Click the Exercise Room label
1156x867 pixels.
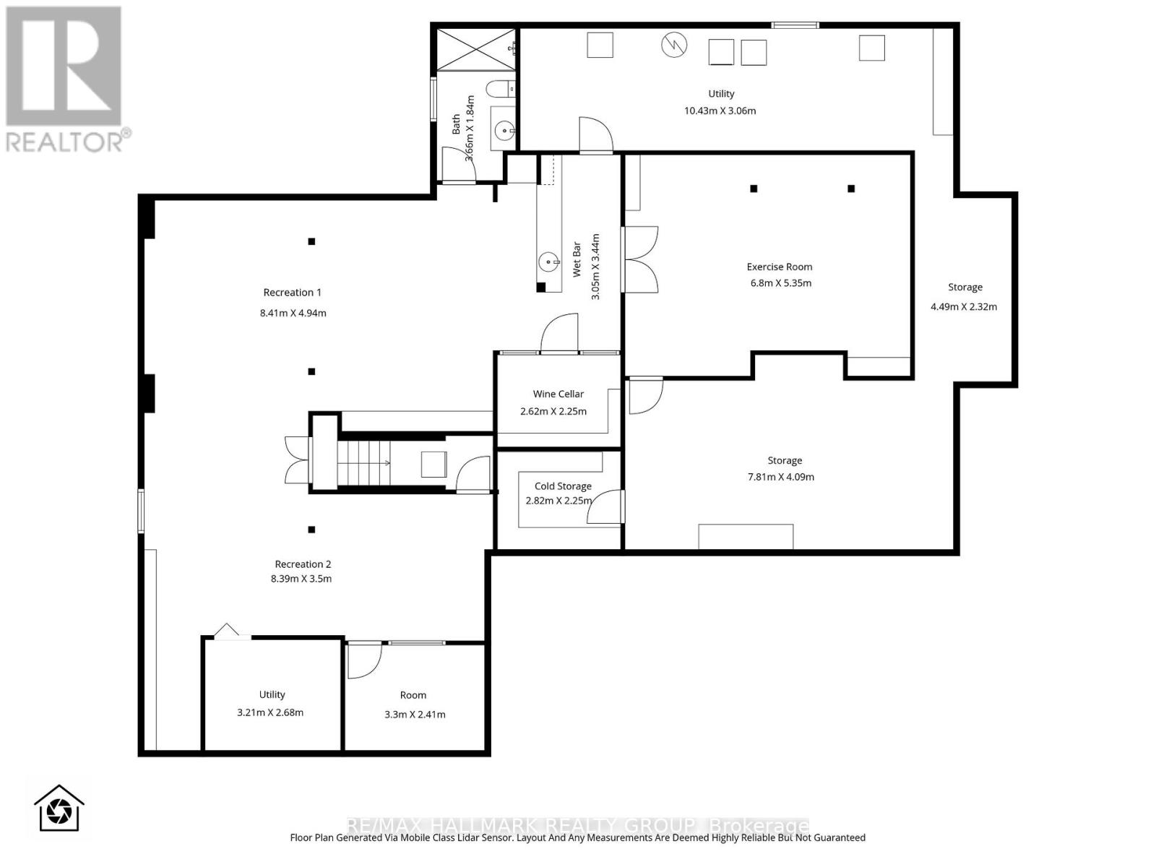click(x=779, y=267)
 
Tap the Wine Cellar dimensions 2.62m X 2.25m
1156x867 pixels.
click(x=553, y=412)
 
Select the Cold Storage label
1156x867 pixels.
click(x=563, y=486)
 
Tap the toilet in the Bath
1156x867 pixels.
click(x=497, y=90)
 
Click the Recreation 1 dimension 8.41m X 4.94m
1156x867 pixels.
click(x=293, y=313)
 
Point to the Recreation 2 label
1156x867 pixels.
click(x=303, y=564)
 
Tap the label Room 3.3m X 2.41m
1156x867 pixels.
click(x=414, y=705)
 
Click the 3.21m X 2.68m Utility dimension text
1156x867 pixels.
click(x=270, y=712)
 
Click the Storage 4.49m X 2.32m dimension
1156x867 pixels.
click(x=964, y=306)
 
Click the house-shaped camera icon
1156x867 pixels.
click(x=59, y=808)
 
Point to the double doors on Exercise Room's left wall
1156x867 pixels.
click(x=640, y=259)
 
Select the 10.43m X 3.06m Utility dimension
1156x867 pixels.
click(x=720, y=111)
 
